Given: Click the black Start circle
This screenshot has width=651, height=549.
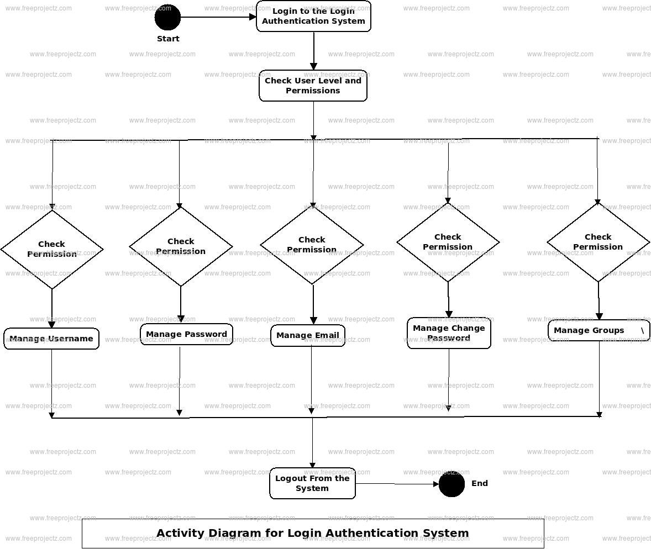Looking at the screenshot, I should [x=167, y=17].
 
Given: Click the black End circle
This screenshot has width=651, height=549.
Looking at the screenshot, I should [x=452, y=484].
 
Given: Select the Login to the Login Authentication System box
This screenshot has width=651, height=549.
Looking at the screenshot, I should [x=313, y=17].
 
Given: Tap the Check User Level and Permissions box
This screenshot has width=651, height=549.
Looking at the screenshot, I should [x=313, y=86].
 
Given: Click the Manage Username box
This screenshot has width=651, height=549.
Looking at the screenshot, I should [x=51, y=339].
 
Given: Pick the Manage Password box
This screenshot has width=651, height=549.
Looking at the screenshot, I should [x=186, y=334].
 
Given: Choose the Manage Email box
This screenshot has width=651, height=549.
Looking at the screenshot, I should [x=308, y=335].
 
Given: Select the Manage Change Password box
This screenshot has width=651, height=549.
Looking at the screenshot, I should [x=449, y=333].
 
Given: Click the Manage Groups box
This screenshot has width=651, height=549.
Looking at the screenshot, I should [x=599, y=330].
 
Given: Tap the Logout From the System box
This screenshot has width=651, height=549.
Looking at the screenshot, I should [x=312, y=483].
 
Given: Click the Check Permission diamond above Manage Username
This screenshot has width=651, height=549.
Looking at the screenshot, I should [x=52, y=249].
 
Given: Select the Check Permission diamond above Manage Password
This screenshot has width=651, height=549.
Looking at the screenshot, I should [x=181, y=246].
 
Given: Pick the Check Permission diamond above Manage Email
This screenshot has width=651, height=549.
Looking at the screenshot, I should [x=312, y=245].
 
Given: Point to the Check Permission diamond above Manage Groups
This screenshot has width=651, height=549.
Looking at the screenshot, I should [x=598, y=242].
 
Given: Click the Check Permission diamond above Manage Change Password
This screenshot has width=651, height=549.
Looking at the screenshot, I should [x=448, y=242].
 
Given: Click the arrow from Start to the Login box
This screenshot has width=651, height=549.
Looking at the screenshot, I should [x=218, y=17].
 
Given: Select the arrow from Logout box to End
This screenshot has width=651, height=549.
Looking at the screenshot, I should [x=397, y=484].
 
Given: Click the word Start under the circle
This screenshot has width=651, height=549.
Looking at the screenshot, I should [x=168, y=39].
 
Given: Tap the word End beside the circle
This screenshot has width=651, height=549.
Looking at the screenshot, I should [x=479, y=483].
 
